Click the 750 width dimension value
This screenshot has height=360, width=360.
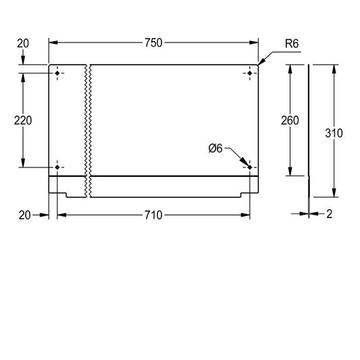(x=153, y=43)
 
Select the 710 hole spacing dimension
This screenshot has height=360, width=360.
(x=153, y=215)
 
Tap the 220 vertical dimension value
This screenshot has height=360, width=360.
(x=23, y=120)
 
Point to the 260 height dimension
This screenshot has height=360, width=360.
(x=290, y=120)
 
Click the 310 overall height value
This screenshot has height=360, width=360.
(x=334, y=133)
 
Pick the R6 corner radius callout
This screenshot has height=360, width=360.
(x=292, y=44)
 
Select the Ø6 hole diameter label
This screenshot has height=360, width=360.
(x=215, y=149)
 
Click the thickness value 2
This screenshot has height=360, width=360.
(x=330, y=214)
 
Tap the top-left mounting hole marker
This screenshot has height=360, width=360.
(x=57, y=73)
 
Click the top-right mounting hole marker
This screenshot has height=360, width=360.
(x=250, y=73)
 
